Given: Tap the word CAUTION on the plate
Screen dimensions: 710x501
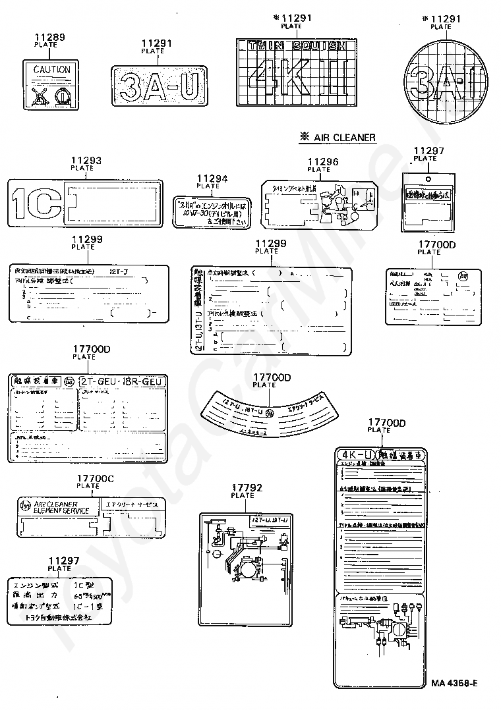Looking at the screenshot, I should tap(51, 69).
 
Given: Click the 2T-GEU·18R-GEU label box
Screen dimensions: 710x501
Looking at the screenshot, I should tap(123, 381).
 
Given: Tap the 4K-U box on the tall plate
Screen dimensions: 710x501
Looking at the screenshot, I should tap(356, 455).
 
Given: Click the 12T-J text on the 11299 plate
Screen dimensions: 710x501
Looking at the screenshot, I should tap(119, 271).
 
